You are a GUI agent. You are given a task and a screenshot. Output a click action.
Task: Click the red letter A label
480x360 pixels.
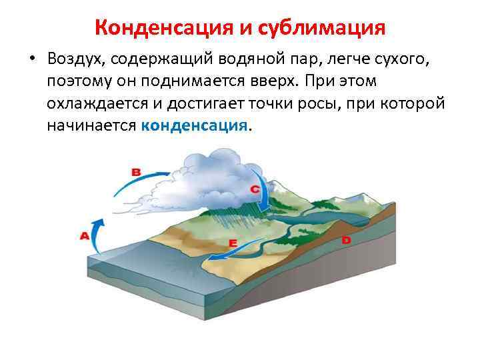click(x=85, y=235)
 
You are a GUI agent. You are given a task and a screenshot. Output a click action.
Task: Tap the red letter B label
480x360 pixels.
click(x=136, y=172)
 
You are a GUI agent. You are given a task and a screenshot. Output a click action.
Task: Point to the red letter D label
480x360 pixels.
click(x=346, y=239)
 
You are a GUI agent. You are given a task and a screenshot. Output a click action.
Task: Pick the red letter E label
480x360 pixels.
click(x=233, y=244)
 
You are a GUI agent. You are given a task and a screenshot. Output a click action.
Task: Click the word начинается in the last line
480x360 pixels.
click(x=91, y=125)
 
